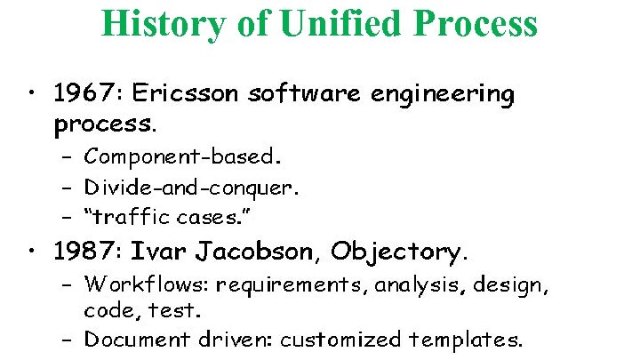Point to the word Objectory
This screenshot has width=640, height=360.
(x=397, y=252)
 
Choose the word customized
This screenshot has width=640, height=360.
(x=348, y=339)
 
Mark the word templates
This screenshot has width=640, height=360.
(x=466, y=339)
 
